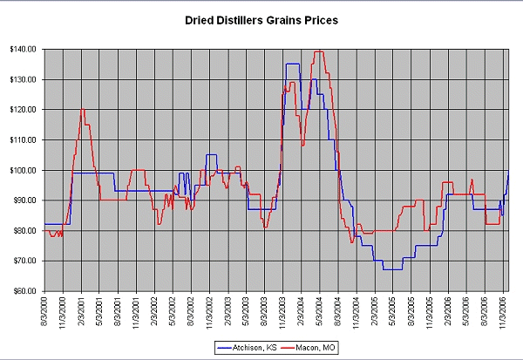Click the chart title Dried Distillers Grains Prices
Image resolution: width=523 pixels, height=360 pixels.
(261, 19)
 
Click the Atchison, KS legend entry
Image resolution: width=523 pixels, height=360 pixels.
(249, 347)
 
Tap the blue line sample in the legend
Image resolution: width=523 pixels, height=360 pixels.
(224, 347)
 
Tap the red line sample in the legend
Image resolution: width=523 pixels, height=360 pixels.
(281, 347)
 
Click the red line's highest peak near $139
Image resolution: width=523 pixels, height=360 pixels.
(319, 51)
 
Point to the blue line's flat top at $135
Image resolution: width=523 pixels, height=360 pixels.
(292, 64)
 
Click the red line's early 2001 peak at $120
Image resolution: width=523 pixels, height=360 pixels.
(82, 110)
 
